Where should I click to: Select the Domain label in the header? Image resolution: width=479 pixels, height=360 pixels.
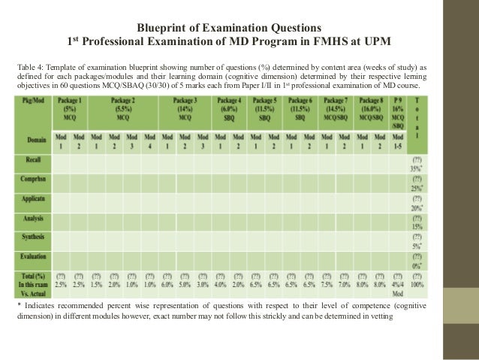coord(33,139)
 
